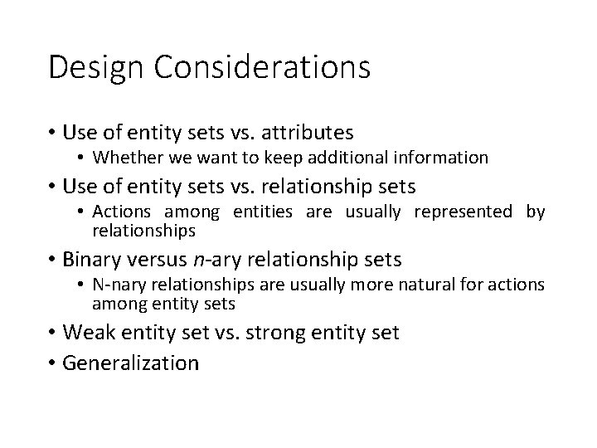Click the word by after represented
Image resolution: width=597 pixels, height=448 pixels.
(x=536, y=212)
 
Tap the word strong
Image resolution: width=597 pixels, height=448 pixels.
(x=285, y=334)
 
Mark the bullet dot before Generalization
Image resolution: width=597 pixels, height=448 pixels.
(x=52, y=363)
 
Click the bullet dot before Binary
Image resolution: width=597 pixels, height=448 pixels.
(x=52, y=260)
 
